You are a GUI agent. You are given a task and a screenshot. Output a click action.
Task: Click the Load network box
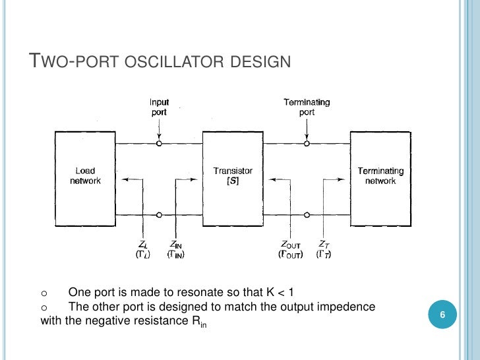click(85, 176)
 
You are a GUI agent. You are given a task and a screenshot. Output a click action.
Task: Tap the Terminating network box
click(380, 176)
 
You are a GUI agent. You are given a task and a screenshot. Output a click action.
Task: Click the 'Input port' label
click(159, 107)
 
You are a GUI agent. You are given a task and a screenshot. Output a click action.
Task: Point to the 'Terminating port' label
click(307, 107)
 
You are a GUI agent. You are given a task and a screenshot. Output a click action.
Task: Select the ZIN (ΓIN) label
click(176, 248)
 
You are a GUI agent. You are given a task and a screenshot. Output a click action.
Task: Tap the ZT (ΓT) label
click(324, 248)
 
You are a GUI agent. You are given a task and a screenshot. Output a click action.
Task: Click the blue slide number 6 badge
click(443, 316)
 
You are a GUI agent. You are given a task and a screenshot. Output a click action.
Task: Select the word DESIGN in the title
click(262, 63)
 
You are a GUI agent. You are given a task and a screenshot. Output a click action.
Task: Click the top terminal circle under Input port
click(159, 143)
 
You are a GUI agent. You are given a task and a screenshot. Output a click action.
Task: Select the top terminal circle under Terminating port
click(307, 143)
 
